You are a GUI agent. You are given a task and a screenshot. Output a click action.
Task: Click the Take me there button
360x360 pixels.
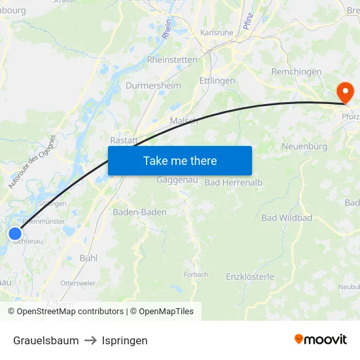pyautogui.click(x=179, y=160)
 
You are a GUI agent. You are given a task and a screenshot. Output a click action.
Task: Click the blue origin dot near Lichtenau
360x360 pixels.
pyautogui.click(x=15, y=234)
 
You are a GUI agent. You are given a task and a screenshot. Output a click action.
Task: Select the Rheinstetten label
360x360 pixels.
pyautogui.click(x=172, y=59)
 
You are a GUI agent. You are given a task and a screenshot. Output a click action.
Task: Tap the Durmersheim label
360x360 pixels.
pyautogui.click(x=153, y=86)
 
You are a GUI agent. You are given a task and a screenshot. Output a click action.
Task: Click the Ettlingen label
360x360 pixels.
pyautogui.click(x=217, y=81)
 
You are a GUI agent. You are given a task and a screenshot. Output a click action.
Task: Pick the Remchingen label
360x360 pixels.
pyautogui.click(x=297, y=71)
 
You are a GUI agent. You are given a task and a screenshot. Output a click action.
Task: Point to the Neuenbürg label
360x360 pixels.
pyautogui.click(x=304, y=146)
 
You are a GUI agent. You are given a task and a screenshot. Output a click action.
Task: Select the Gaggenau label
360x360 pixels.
pyautogui.click(x=173, y=179)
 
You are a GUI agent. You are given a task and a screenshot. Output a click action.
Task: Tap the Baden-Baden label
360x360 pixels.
pyautogui.click(x=139, y=212)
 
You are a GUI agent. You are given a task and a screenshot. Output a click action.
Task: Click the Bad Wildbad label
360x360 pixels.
pyautogui.click(x=287, y=217)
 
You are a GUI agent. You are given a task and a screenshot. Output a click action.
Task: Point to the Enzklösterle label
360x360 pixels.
pyautogui.click(x=250, y=277)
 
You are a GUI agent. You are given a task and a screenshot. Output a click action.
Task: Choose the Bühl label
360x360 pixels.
pyautogui.click(x=88, y=258)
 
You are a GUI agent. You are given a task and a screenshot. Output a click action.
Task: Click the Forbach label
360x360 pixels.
pyautogui.click(x=196, y=274)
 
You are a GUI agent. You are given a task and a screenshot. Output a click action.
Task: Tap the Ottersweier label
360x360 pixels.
pyautogui.click(x=78, y=283)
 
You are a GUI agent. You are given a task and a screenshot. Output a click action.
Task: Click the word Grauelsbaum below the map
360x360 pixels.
pyautogui.click(x=46, y=340)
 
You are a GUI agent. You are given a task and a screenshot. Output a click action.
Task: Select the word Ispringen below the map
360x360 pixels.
pyautogui.click(x=124, y=340)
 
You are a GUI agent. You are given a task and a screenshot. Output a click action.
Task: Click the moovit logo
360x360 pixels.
pyautogui.click(x=321, y=339)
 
